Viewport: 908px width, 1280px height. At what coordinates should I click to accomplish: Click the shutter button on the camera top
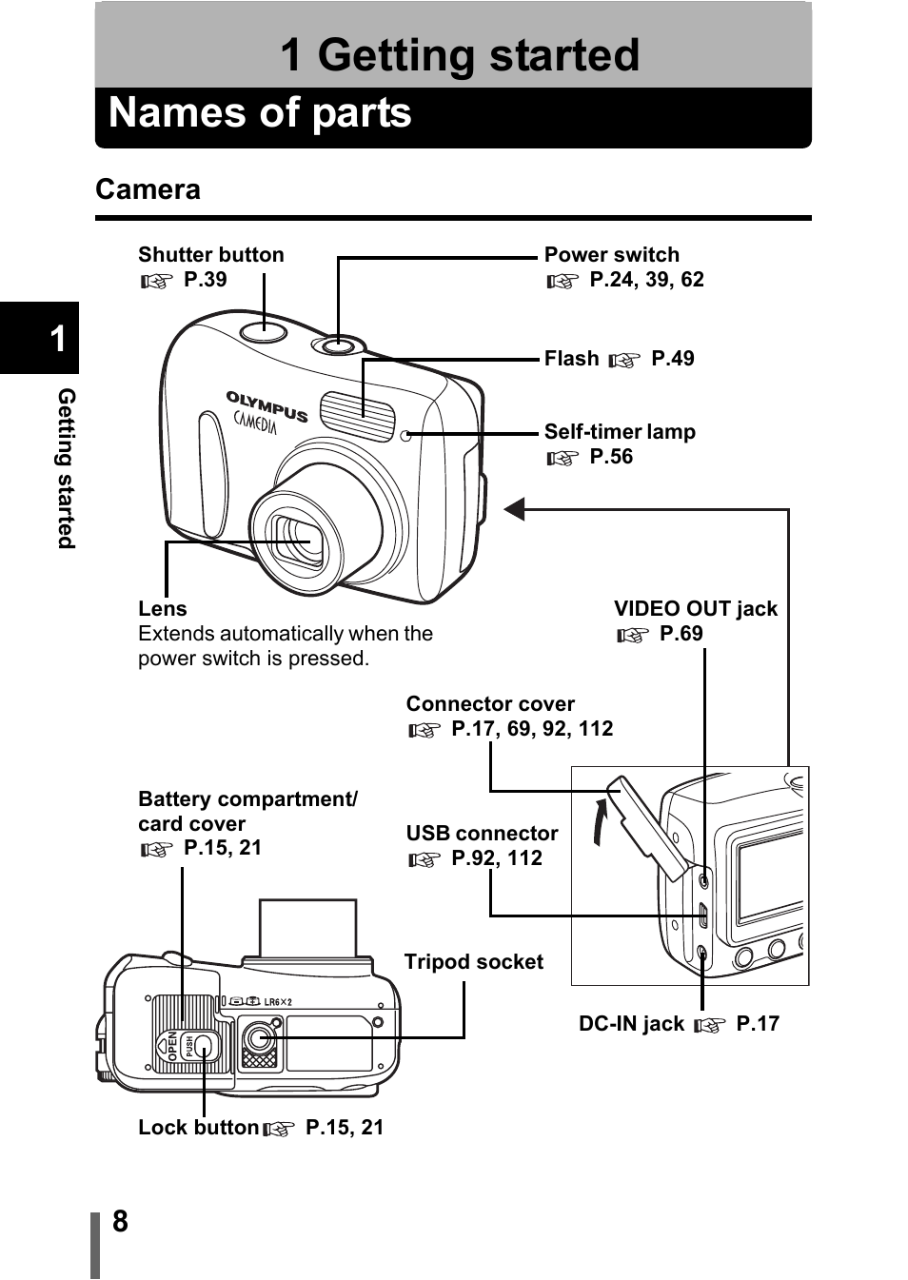coord(264,330)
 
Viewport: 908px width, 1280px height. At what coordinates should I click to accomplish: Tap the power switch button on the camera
coord(338,345)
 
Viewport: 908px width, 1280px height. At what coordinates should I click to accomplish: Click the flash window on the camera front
coord(357,416)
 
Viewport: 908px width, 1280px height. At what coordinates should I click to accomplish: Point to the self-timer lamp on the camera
coord(406,436)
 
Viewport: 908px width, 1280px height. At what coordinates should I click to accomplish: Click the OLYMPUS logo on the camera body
coord(266,405)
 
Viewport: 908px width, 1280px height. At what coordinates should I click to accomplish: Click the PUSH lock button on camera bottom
coord(203,1046)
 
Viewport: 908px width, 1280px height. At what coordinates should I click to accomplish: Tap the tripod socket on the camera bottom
coord(259,1036)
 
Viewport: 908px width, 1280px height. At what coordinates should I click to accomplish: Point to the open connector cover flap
coord(647,826)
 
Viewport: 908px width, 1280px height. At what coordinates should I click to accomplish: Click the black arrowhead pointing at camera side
coord(514,510)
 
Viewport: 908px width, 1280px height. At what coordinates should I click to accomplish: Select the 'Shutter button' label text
coord(210,255)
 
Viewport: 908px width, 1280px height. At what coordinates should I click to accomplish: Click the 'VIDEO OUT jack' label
coord(695,609)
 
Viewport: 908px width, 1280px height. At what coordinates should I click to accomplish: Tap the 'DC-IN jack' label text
coord(631,1024)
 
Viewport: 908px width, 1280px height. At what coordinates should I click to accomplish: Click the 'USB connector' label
coord(482,834)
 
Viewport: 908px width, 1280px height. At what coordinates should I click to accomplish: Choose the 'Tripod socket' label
coord(473,962)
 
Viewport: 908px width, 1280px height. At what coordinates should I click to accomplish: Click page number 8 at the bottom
coord(120,1221)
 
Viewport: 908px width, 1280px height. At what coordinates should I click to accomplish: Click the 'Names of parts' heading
coord(260,113)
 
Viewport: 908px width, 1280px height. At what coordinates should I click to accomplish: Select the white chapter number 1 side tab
coord(57,339)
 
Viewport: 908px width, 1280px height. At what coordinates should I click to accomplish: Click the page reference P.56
coord(610,457)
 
